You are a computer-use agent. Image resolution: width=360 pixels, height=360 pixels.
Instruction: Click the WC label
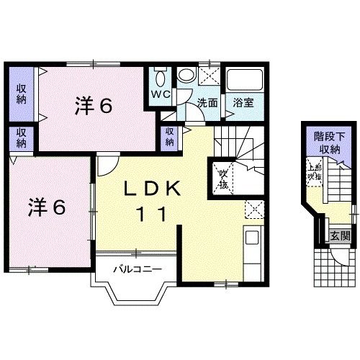[159, 94]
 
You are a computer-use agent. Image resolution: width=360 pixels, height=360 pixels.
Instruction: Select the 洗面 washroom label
[208, 102]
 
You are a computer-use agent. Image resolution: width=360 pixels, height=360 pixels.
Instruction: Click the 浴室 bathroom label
[243, 102]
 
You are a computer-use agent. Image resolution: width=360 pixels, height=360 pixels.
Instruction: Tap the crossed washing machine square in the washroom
[209, 77]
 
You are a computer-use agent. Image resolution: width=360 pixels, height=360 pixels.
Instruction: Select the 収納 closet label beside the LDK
[169, 136]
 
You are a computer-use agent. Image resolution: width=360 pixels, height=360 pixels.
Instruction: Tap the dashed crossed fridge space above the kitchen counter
[254, 210]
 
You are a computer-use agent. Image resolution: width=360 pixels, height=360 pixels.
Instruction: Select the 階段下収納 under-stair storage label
[326, 143]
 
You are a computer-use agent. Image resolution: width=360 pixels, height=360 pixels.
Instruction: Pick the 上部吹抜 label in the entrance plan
[314, 172]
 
